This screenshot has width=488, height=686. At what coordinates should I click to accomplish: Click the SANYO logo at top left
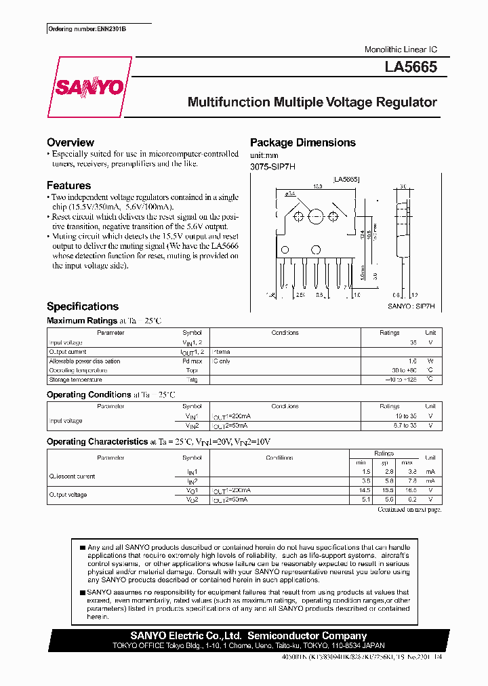coord(89,87)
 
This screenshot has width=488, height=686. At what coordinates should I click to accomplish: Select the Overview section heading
coord(70,142)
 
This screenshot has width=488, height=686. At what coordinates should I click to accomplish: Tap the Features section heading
coord(68,185)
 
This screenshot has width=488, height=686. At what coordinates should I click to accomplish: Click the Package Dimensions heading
coord(302,142)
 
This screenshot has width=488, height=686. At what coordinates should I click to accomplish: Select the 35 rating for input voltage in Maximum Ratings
coord(413,342)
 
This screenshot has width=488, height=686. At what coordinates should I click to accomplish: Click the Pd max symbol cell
coord(192,361)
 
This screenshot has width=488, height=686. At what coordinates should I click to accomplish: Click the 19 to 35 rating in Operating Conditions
coord(407,416)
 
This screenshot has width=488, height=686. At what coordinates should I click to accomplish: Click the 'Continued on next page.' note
coord(409,508)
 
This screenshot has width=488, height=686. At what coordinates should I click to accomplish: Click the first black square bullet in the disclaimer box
coord(82,547)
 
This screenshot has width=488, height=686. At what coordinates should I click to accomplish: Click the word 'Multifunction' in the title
coord(228,103)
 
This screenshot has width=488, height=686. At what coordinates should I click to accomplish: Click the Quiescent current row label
coord(72,476)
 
